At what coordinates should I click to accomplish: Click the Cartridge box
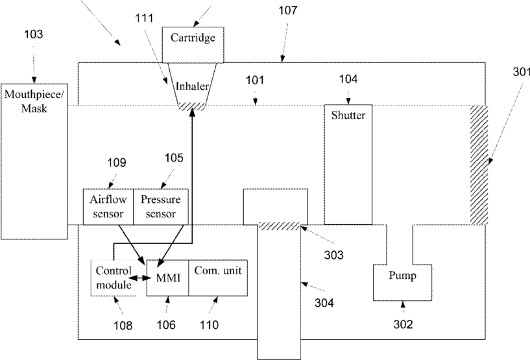click(x=193, y=45)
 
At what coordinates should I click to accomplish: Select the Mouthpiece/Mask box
click(x=34, y=162)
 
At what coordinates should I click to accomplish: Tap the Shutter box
click(x=348, y=164)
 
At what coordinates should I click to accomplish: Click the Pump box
click(x=402, y=283)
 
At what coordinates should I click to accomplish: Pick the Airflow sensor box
click(x=108, y=207)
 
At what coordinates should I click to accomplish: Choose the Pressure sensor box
click(x=161, y=207)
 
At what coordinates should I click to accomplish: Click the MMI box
click(x=167, y=278)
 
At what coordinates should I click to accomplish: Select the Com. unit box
click(x=218, y=278)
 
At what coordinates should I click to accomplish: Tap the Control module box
click(x=114, y=278)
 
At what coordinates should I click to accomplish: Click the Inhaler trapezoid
click(x=192, y=86)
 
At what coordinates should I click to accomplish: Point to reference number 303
click(x=333, y=255)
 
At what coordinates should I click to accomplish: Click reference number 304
click(x=324, y=303)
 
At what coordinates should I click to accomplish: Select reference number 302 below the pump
click(x=404, y=324)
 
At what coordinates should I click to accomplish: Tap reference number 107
click(x=288, y=10)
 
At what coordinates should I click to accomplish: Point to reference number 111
click(x=144, y=18)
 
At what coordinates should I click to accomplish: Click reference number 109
click(x=117, y=163)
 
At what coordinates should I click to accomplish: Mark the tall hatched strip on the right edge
click(x=479, y=165)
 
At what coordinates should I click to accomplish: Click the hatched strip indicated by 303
click(x=279, y=226)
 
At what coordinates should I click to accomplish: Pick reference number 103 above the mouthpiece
click(x=34, y=34)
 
